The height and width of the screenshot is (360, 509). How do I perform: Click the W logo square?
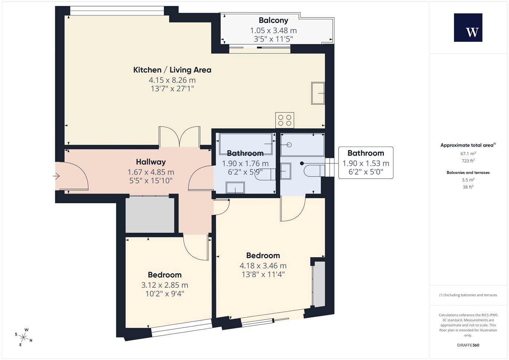coord(468,28)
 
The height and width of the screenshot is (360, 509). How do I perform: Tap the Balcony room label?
coord(273,20)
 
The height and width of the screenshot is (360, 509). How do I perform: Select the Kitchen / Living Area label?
coord(172,70)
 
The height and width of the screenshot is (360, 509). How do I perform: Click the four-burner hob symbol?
coord(285,120)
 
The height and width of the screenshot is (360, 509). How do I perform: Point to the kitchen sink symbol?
coord(318,93)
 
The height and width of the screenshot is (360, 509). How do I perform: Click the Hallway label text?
coord(151,162)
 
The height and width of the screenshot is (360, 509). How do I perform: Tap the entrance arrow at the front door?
coord(56,176)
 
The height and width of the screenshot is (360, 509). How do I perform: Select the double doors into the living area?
coord(180,137)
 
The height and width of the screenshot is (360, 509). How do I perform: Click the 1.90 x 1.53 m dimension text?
coord(366,163)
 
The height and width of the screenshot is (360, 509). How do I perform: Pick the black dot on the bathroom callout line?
coord(302,163)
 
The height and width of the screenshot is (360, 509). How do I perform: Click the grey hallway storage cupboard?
coord(150,215)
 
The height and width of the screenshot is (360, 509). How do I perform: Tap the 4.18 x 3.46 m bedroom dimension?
coord(263,266)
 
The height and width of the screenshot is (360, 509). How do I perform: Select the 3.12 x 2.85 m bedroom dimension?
coord(165,285)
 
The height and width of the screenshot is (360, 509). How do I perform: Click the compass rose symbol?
coord(24,337)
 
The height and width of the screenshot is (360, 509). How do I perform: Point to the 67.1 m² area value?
coord(468,153)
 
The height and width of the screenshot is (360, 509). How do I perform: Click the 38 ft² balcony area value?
coord(468,187)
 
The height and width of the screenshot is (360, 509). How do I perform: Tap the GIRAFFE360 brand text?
coord(468,345)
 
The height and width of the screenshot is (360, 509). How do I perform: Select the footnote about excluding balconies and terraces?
coord(468,295)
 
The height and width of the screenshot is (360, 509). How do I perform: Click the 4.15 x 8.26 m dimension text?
coord(172,80)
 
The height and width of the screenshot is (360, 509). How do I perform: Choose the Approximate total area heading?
coord(468,145)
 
